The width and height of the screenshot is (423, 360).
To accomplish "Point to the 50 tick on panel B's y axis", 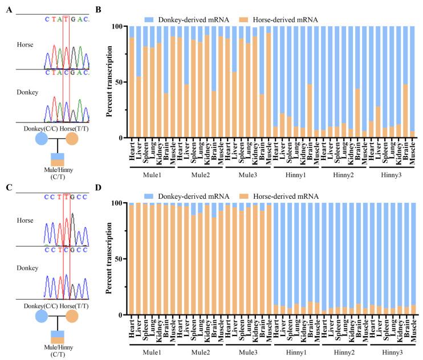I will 121,82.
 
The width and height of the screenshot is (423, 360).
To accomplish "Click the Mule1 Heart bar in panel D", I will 132,259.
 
